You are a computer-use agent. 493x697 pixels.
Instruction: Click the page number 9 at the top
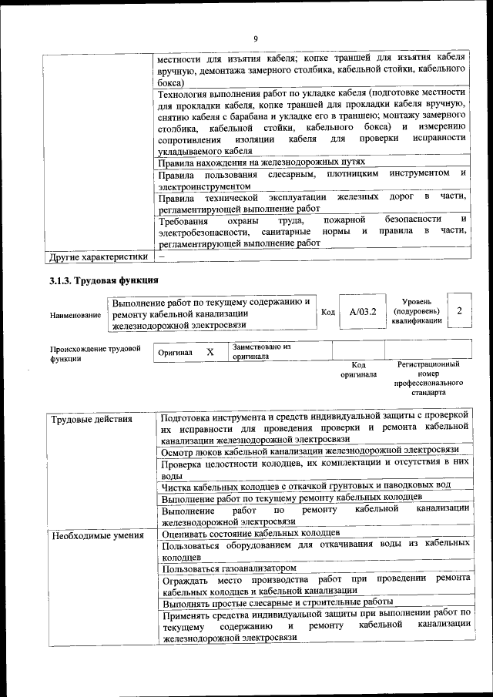(x=256, y=39)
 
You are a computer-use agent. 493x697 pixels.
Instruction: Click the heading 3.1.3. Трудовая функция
(x=104, y=280)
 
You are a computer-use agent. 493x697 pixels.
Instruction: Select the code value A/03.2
(x=362, y=313)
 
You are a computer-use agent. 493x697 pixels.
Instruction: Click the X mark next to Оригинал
(x=210, y=352)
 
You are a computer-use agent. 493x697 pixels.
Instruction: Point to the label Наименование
(x=75, y=315)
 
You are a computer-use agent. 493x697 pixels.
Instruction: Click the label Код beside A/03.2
(x=328, y=312)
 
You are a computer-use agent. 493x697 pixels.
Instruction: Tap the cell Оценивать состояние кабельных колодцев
(x=250, y=533)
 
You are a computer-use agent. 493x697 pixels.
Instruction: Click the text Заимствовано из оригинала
(x=261, y=352)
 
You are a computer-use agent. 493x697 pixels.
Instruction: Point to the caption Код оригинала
(x=358, y=370)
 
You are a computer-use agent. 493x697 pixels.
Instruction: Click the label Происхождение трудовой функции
(x=95, y=354)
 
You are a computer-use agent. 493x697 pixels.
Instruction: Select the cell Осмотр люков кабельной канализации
(x=310, y=449)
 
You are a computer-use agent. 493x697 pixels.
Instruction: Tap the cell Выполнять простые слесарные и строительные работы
(x=277, y=601)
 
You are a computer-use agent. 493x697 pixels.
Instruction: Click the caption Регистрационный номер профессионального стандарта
(x=428, y=377)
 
